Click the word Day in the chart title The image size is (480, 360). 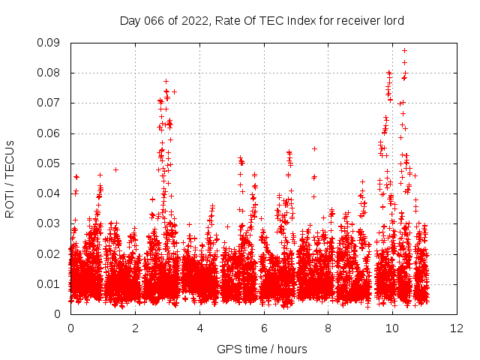(x=130, y=21)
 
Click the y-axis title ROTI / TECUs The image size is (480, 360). (x=10, y=178)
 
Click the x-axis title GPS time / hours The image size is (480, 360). (x=262, y=349)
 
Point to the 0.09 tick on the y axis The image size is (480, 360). (x=49, y=43)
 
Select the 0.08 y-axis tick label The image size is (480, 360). (x=49, y=73)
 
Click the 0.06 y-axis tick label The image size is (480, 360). (x=49, y=133)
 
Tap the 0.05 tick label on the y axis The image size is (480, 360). (x=49, y=163)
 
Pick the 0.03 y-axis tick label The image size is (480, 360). (x=49, y=223)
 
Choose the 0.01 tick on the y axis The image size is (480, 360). (x=49, y=283)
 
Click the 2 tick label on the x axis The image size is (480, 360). (x=135, y=328)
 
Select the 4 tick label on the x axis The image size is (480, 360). (x=199, y=328)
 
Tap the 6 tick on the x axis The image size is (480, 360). (x=264, y=328)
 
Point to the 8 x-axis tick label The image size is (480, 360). (x=328, y=328)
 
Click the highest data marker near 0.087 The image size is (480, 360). (x=404, y=51)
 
